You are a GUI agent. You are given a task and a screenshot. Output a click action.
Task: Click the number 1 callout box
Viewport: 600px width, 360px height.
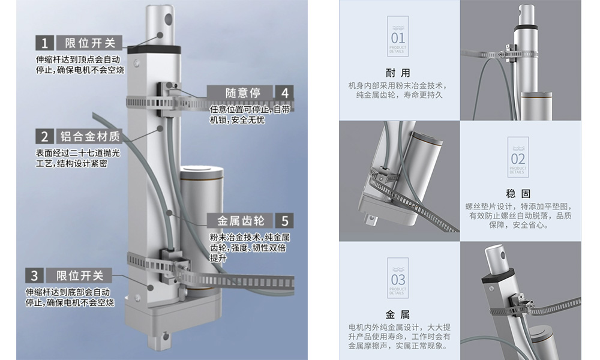(x=44, y=43)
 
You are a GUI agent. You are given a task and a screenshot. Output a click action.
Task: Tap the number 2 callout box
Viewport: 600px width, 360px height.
(x=44, y=136)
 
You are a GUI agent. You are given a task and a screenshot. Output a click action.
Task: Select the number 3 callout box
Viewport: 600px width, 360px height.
(x=34, y=275)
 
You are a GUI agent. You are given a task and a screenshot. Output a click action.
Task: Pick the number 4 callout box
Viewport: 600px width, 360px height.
(x=284, y=92)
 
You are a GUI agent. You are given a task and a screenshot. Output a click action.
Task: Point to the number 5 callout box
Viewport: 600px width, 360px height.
(x=284, y=221)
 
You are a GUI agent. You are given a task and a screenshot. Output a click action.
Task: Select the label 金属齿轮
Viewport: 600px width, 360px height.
(x=241, y=221)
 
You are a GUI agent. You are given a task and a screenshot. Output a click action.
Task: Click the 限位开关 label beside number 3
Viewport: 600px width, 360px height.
(x=79, y=275)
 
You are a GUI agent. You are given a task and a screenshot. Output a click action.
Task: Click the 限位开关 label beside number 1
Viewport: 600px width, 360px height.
(x=89, y=43)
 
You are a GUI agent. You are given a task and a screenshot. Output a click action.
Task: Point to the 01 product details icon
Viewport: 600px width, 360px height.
(x=398, y=37)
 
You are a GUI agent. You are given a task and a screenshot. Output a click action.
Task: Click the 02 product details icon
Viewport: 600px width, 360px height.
(x=518, y=157)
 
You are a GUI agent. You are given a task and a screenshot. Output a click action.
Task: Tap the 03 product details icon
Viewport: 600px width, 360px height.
(x=398, y=278)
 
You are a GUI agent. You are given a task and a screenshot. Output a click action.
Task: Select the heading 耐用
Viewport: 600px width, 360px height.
(x=398, y=73)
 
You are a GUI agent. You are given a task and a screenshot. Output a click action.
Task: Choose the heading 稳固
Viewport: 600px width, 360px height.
(x=518, y=193)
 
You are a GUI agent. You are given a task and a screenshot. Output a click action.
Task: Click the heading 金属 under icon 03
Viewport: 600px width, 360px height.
(x=398, y=314)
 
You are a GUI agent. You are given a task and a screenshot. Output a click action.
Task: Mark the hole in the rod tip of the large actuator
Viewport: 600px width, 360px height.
(x=169, y=19)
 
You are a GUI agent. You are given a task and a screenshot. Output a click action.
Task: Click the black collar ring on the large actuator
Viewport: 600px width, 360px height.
(x=154, y=49)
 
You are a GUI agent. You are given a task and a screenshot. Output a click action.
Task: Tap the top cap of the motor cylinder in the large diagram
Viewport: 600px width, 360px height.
(x=201, y=171)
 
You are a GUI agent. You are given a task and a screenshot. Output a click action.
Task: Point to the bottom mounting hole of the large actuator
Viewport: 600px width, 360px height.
(x=166, y=337)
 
